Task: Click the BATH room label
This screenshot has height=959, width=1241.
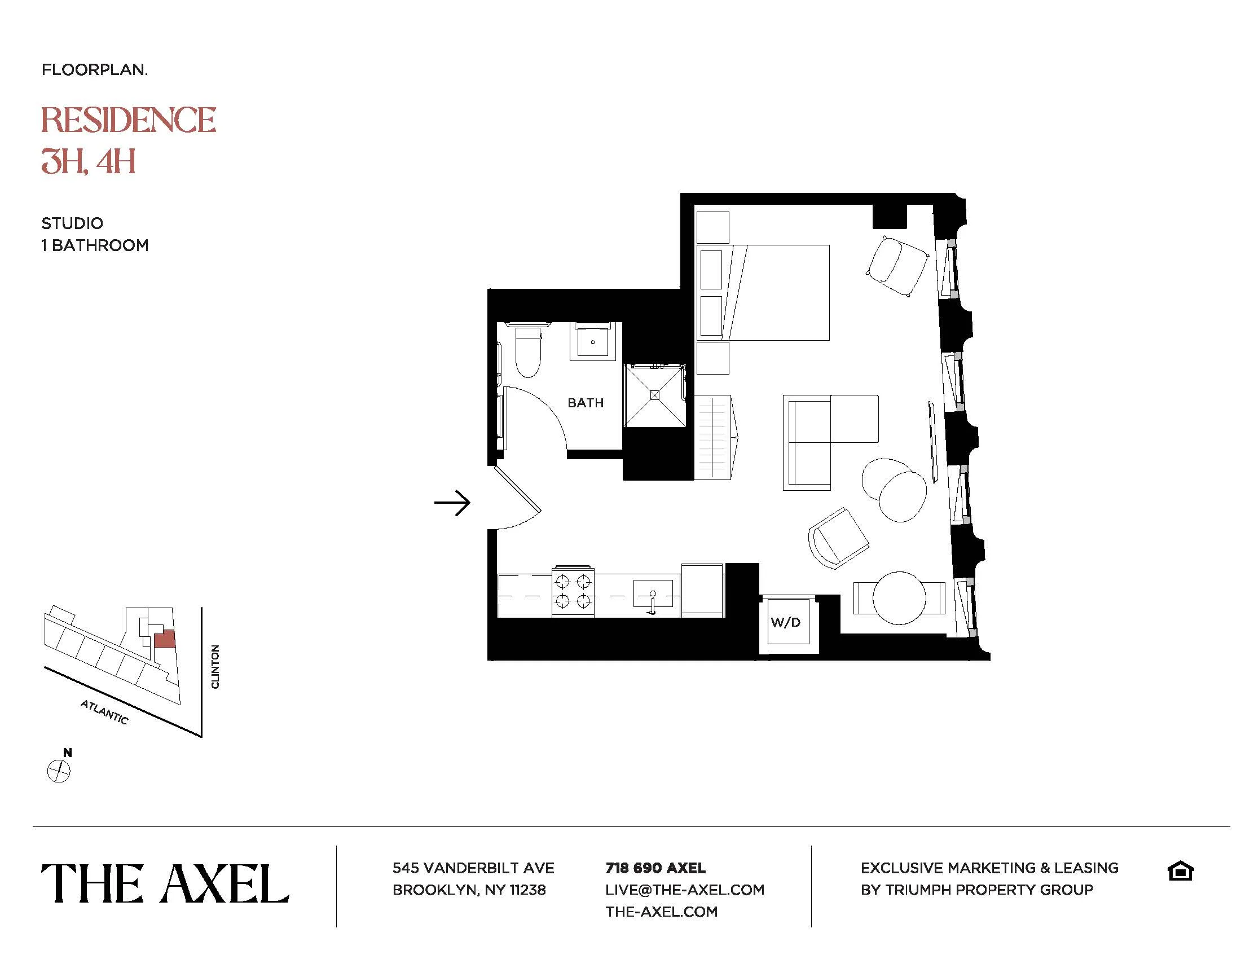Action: [x=586, y=403]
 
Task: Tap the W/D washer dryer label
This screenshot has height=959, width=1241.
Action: [x=786, y=622]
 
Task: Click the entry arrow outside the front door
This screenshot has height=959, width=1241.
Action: [x=452, y=502]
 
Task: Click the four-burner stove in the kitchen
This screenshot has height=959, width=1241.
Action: [x=573, y=591]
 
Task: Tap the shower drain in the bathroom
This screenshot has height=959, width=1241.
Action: [x=654, y=395]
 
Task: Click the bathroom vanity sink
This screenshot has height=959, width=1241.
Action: [x=593, y=342]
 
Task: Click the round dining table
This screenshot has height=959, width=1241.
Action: [x=899, y=597]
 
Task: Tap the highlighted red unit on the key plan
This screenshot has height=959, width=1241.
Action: [x=164, y=639]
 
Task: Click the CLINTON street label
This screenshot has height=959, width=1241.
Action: [x=215, y=666]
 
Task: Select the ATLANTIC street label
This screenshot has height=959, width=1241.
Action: [x=104, y=712]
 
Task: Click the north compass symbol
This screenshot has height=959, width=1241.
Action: [x=58, y=771]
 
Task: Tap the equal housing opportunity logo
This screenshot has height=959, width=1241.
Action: [x=1180, y=871]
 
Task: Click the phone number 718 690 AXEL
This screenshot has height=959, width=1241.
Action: [x=655, y=868]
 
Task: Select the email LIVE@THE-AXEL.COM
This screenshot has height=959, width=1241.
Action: [x=684, y=890]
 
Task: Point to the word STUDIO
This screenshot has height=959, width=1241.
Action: [x=72, y=223]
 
